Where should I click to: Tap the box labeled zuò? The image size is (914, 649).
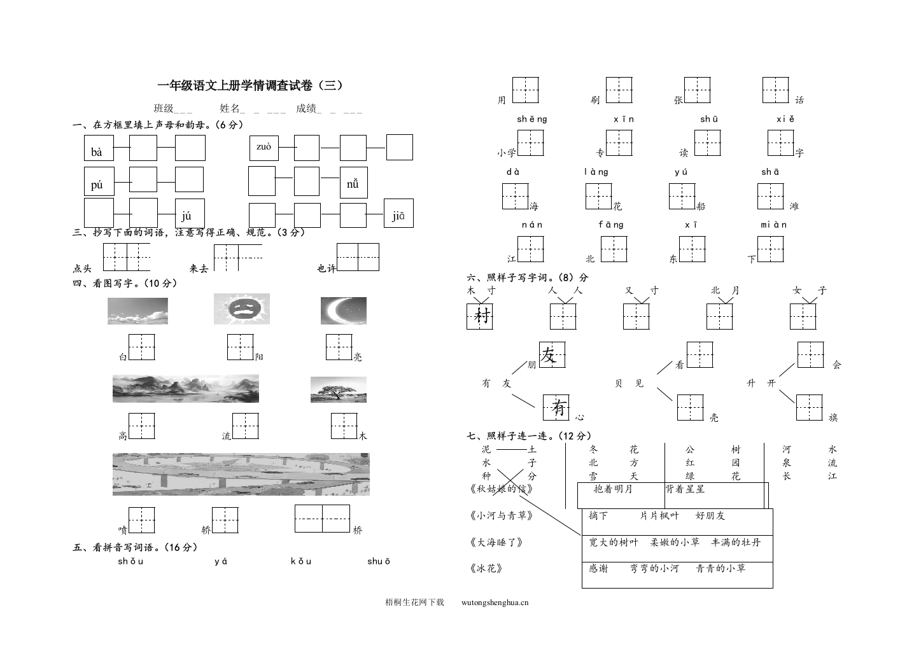264,148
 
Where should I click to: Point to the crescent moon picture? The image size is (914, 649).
343,309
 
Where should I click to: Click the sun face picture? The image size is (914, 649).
241,309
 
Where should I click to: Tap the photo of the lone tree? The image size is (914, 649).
338,389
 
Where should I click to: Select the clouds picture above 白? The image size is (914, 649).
137,311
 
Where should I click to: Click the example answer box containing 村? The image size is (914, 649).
481,316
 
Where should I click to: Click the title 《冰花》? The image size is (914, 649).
486,568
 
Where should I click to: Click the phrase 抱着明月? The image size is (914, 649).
612,489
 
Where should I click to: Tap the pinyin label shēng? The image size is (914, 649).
531,119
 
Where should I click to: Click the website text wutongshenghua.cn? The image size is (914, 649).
493,602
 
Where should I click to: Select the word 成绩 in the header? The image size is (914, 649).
306,108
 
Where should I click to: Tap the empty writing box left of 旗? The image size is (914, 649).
809,407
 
